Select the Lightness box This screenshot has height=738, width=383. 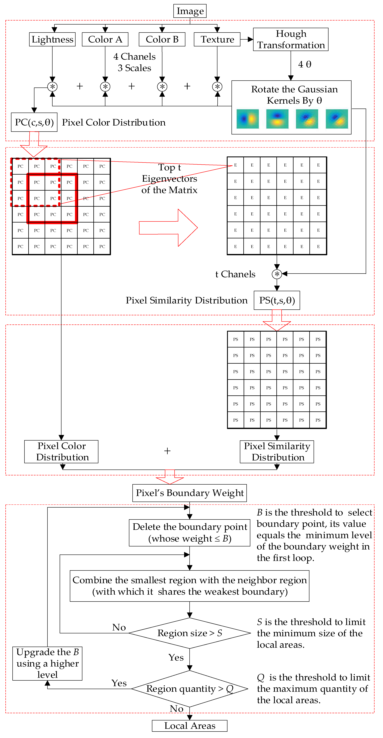[x=52, y=39]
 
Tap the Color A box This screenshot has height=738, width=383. [x=105, y=39]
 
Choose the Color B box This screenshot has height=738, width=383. [x=162, y=39]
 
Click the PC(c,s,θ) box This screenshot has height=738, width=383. [x=34, y=122]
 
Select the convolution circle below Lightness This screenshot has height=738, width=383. [x=52, y=87]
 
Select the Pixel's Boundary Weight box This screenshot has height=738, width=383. [x=190, y=493]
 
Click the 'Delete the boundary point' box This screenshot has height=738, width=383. [x=190, y=533]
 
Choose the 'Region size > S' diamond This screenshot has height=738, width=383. [x=190, y=633]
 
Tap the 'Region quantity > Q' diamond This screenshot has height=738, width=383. [x=190, y=689]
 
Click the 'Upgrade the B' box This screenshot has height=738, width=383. [x=47, y=663]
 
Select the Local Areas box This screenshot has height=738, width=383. [x=190, y=726]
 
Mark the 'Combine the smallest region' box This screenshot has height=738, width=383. [x=190, y=586]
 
